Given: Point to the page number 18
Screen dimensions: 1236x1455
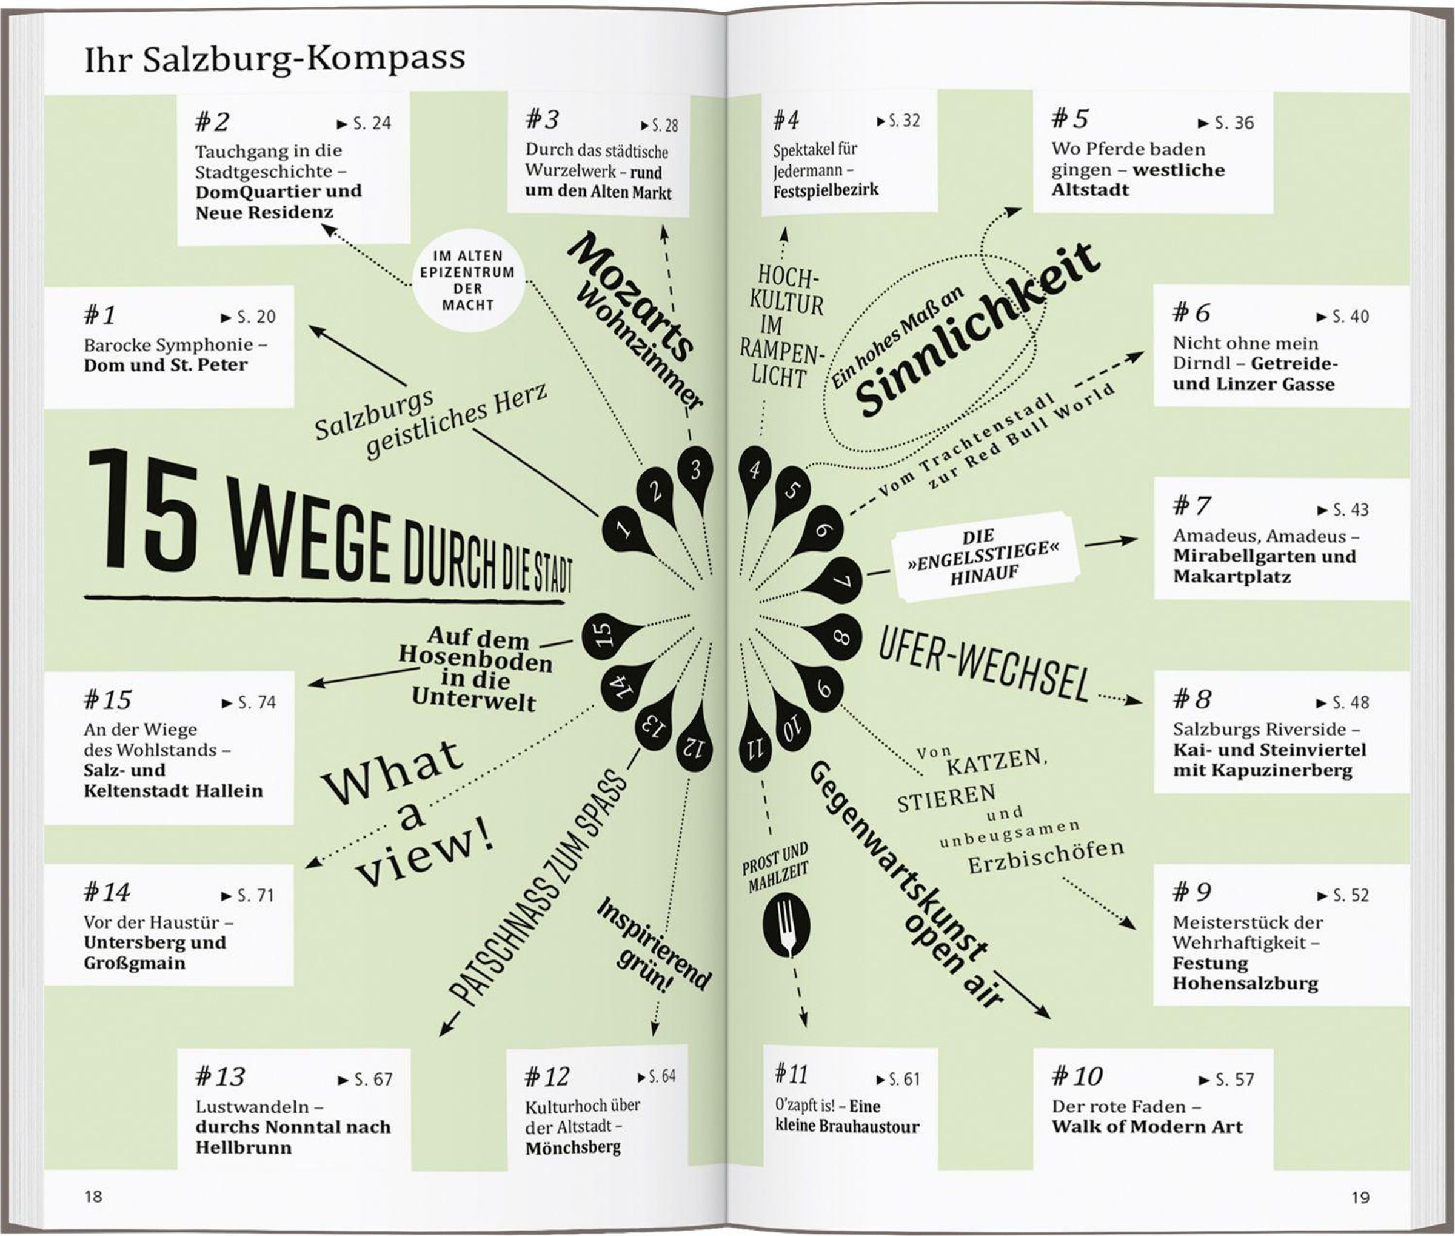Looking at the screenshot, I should tap(93, 1196).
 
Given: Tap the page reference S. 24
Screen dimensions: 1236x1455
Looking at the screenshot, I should tap(365, 124).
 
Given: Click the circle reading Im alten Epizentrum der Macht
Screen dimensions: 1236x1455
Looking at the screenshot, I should tap(467, 280).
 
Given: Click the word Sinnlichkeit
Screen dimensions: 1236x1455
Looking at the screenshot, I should tap(977, 329).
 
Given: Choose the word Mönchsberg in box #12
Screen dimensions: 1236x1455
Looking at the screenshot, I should tap(572, 1147).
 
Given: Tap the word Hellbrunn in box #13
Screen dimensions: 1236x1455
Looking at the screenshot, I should tap(243, 1147).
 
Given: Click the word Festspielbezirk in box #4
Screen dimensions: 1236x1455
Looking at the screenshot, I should tap(825, 190).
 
